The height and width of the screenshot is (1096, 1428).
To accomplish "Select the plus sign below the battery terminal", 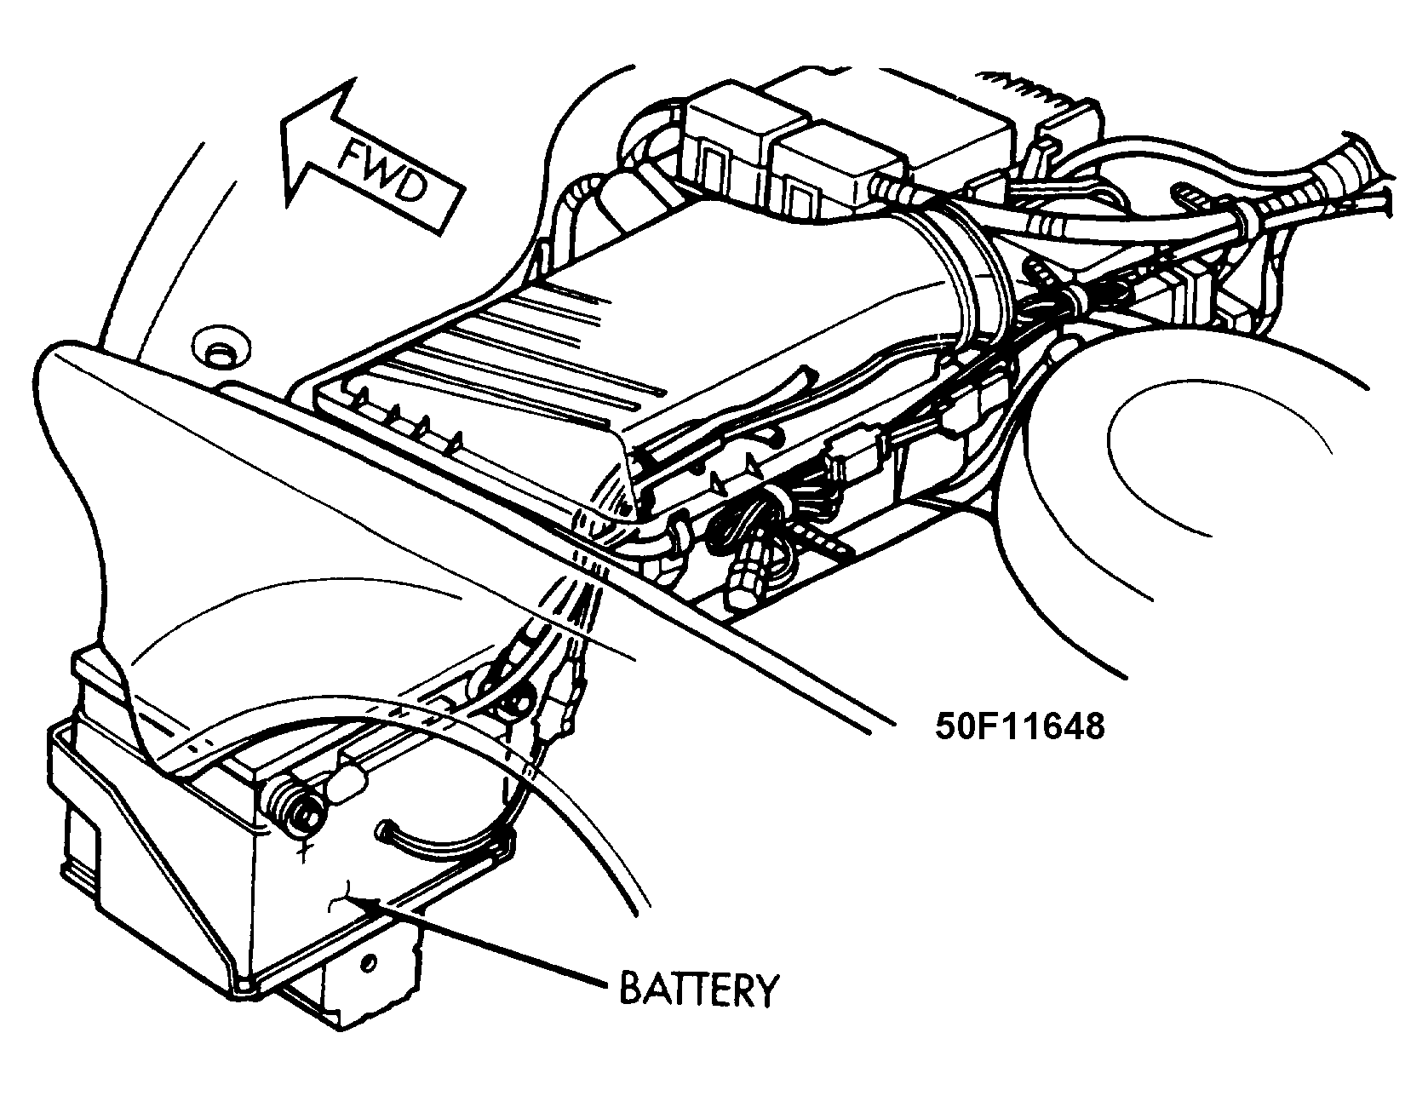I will point(303,849).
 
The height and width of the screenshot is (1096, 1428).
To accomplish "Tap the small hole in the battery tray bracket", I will point(368,962).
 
